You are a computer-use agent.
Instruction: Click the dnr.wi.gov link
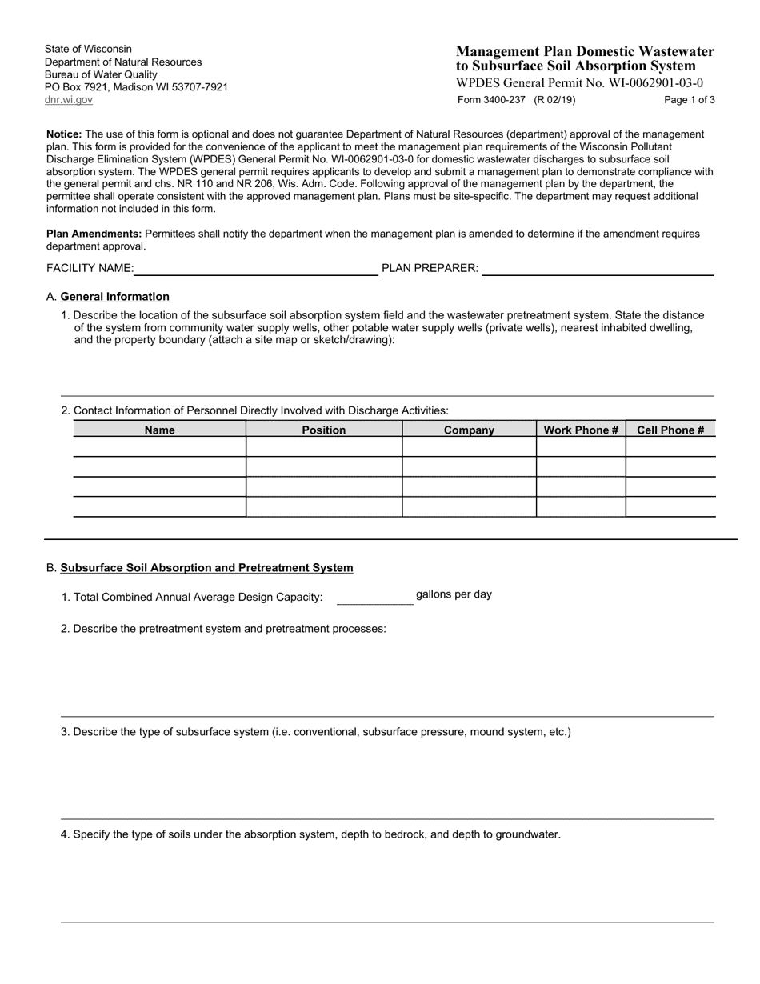tap(69, 100)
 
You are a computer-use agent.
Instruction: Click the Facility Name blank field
tap(256, 268)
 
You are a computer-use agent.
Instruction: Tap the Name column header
tap(160, 430)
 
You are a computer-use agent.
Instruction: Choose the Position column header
tap(324, 430)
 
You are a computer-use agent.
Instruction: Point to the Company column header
tap(469, 430)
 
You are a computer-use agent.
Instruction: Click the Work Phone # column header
tap(581, 430)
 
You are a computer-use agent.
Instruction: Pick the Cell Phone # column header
tap(670, 430)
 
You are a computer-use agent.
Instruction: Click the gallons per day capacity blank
tap(374, 597)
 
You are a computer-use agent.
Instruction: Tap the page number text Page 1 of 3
tap(690, 100)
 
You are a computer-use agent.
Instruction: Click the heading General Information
tap(115, 296)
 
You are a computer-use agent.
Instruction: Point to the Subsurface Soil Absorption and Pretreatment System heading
tap(206, 568)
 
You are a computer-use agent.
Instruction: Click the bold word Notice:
tap(64, 134)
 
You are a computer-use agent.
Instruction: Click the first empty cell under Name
tap(160, 447)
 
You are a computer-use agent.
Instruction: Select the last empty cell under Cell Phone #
tap(670, 506)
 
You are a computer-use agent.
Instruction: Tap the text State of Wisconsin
tap(89, 49)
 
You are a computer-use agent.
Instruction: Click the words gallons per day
tap(454, 594)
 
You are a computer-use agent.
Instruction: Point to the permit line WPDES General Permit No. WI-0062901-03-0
tap(580, 82)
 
